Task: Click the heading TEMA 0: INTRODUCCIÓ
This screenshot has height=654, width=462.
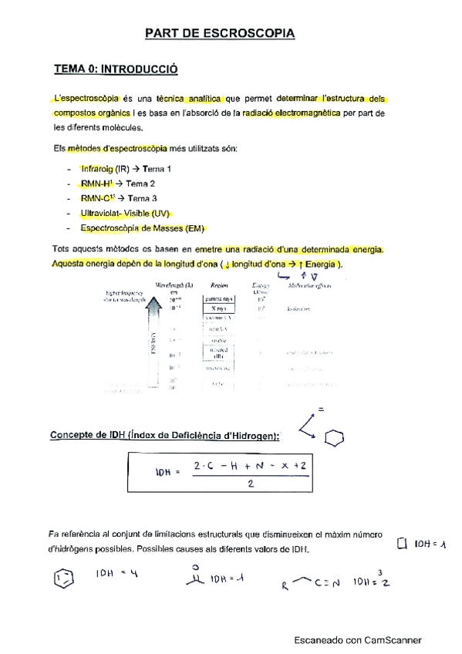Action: point(116,69)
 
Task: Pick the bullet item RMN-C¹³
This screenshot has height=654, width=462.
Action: point(96,198)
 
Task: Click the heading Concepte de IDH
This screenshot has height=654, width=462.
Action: point(164,436)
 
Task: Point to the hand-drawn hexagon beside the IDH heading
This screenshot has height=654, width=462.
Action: point(334,437)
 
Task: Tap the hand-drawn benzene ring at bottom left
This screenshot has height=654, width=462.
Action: point(64,578)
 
